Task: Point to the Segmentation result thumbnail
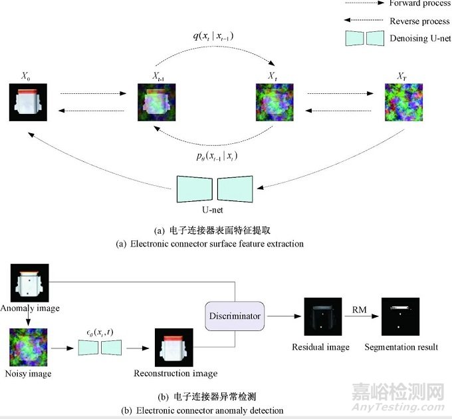click(x=400, y=316)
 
